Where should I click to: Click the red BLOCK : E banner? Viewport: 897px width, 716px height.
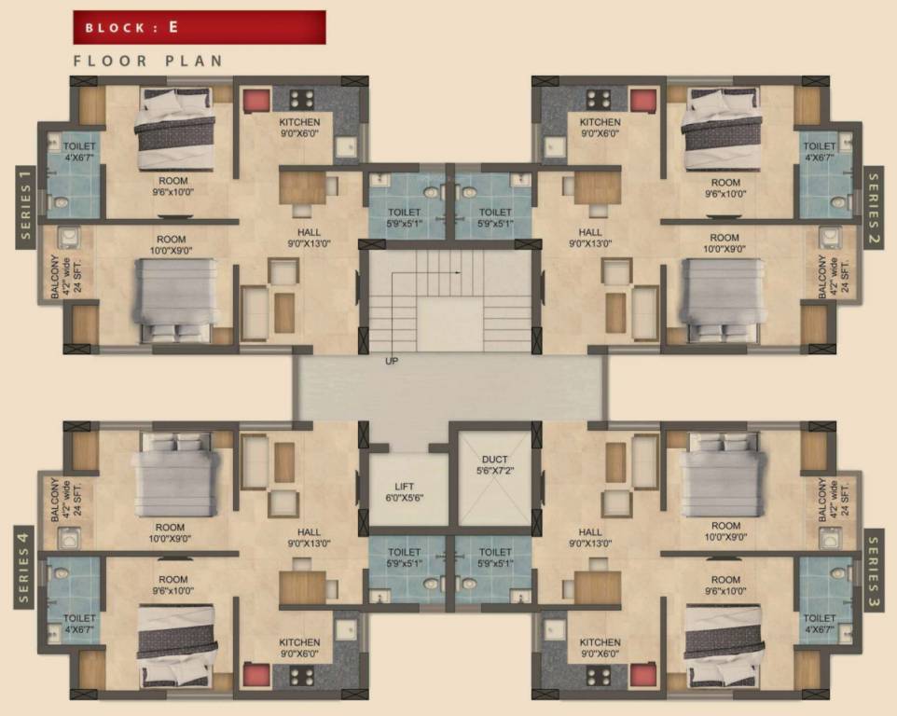tap(199, 27)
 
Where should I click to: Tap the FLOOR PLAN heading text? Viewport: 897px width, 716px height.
tap(148, 62)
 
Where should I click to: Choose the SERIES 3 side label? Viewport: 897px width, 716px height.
tap(873, 568)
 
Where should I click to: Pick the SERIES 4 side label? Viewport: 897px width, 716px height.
tap(26, 568)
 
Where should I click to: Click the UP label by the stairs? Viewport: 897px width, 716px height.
tap(392, 360)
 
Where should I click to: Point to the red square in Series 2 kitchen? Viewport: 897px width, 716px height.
tap(642, 101)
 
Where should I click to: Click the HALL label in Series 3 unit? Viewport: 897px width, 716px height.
tap(590, 538)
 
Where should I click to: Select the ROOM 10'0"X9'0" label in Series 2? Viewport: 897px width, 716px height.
tap(724, 243)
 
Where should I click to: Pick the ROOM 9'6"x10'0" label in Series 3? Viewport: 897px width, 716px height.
tap(724, 585)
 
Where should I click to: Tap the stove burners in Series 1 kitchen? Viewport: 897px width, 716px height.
tap(300, 100)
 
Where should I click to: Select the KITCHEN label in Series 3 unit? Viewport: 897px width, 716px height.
tap(600, 648)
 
